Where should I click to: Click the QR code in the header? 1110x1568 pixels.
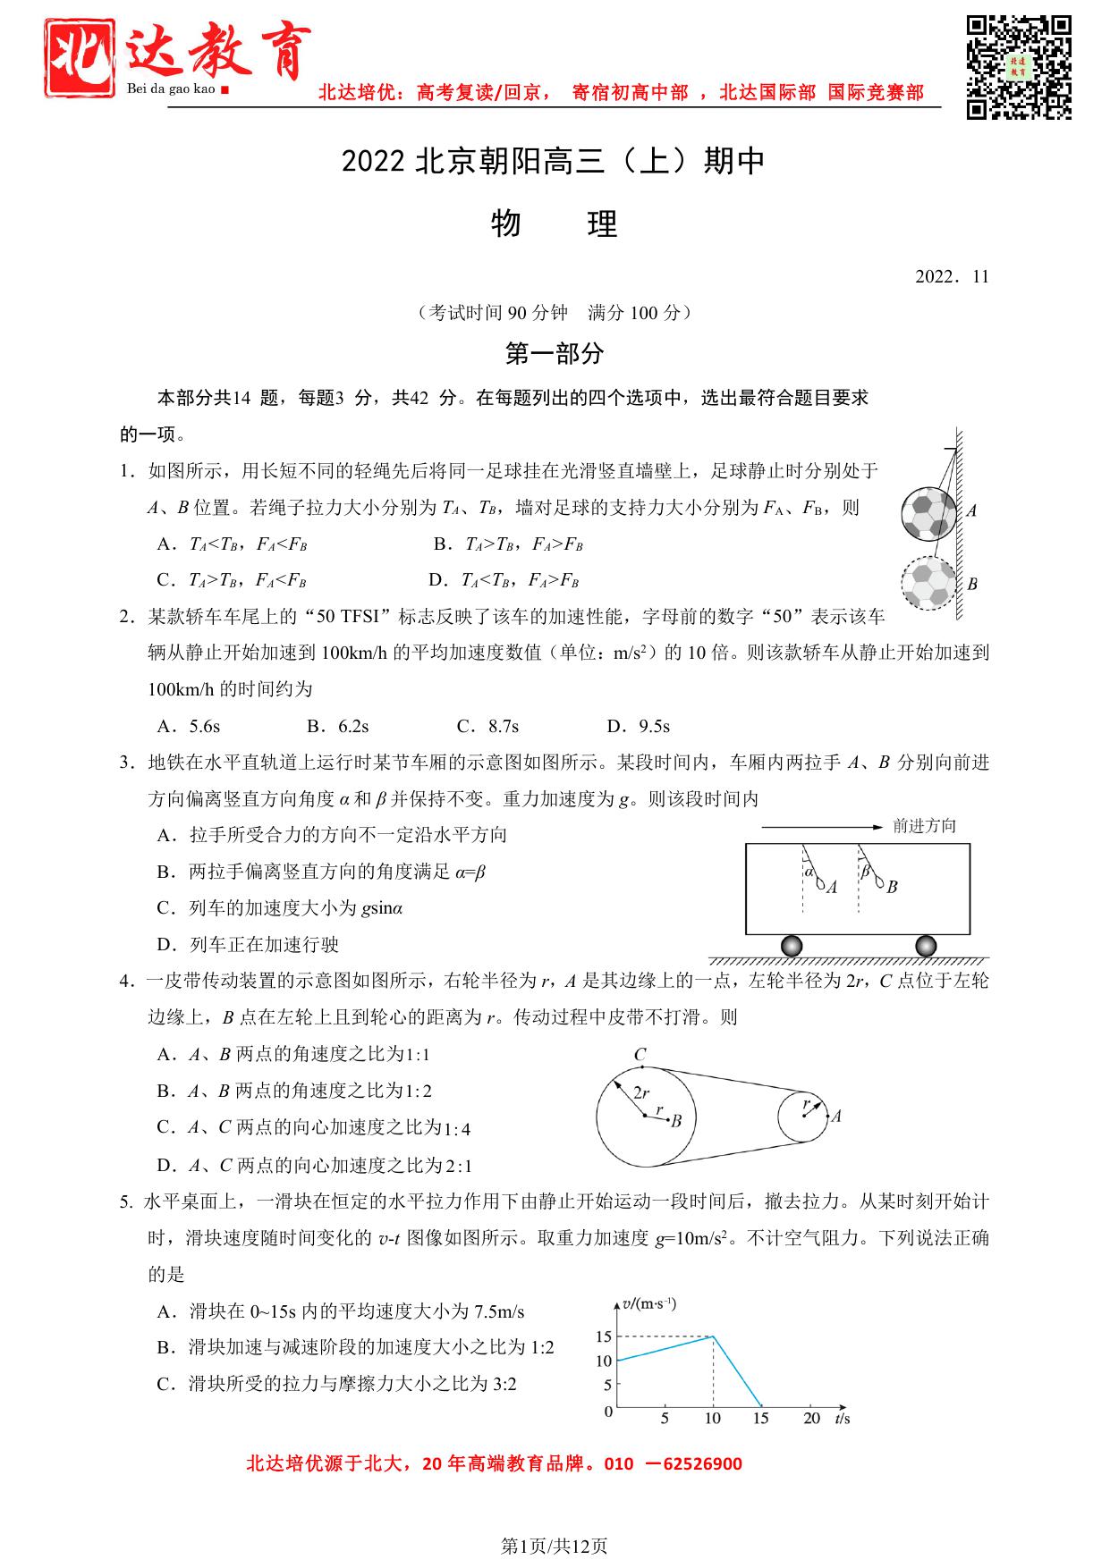coord(1019,66)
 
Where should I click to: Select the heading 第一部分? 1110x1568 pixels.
coord(555,354)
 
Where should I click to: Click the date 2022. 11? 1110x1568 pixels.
coord(952,276)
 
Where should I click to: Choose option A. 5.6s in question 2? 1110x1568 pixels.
coord(189,726)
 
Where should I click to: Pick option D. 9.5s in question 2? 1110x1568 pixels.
coord(639,726)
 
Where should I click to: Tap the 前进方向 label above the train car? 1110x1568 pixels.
coord(925,826)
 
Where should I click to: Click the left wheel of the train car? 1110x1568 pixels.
coord(792,946)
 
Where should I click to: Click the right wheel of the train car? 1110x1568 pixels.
coord(926,946)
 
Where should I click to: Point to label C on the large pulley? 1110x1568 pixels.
coord(640,1055)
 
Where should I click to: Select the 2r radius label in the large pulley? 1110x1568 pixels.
coord(641,1092)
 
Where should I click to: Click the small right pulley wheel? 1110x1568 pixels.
coord(803,1116)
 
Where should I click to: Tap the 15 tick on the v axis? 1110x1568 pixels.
coord(604,1336)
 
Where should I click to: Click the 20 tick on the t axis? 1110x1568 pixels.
coord(811,1418)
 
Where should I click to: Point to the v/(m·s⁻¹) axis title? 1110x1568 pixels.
coord(650,1303)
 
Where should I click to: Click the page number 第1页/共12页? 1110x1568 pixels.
coord(555,1546)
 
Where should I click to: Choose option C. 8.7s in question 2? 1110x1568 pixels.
coord(487,726)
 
